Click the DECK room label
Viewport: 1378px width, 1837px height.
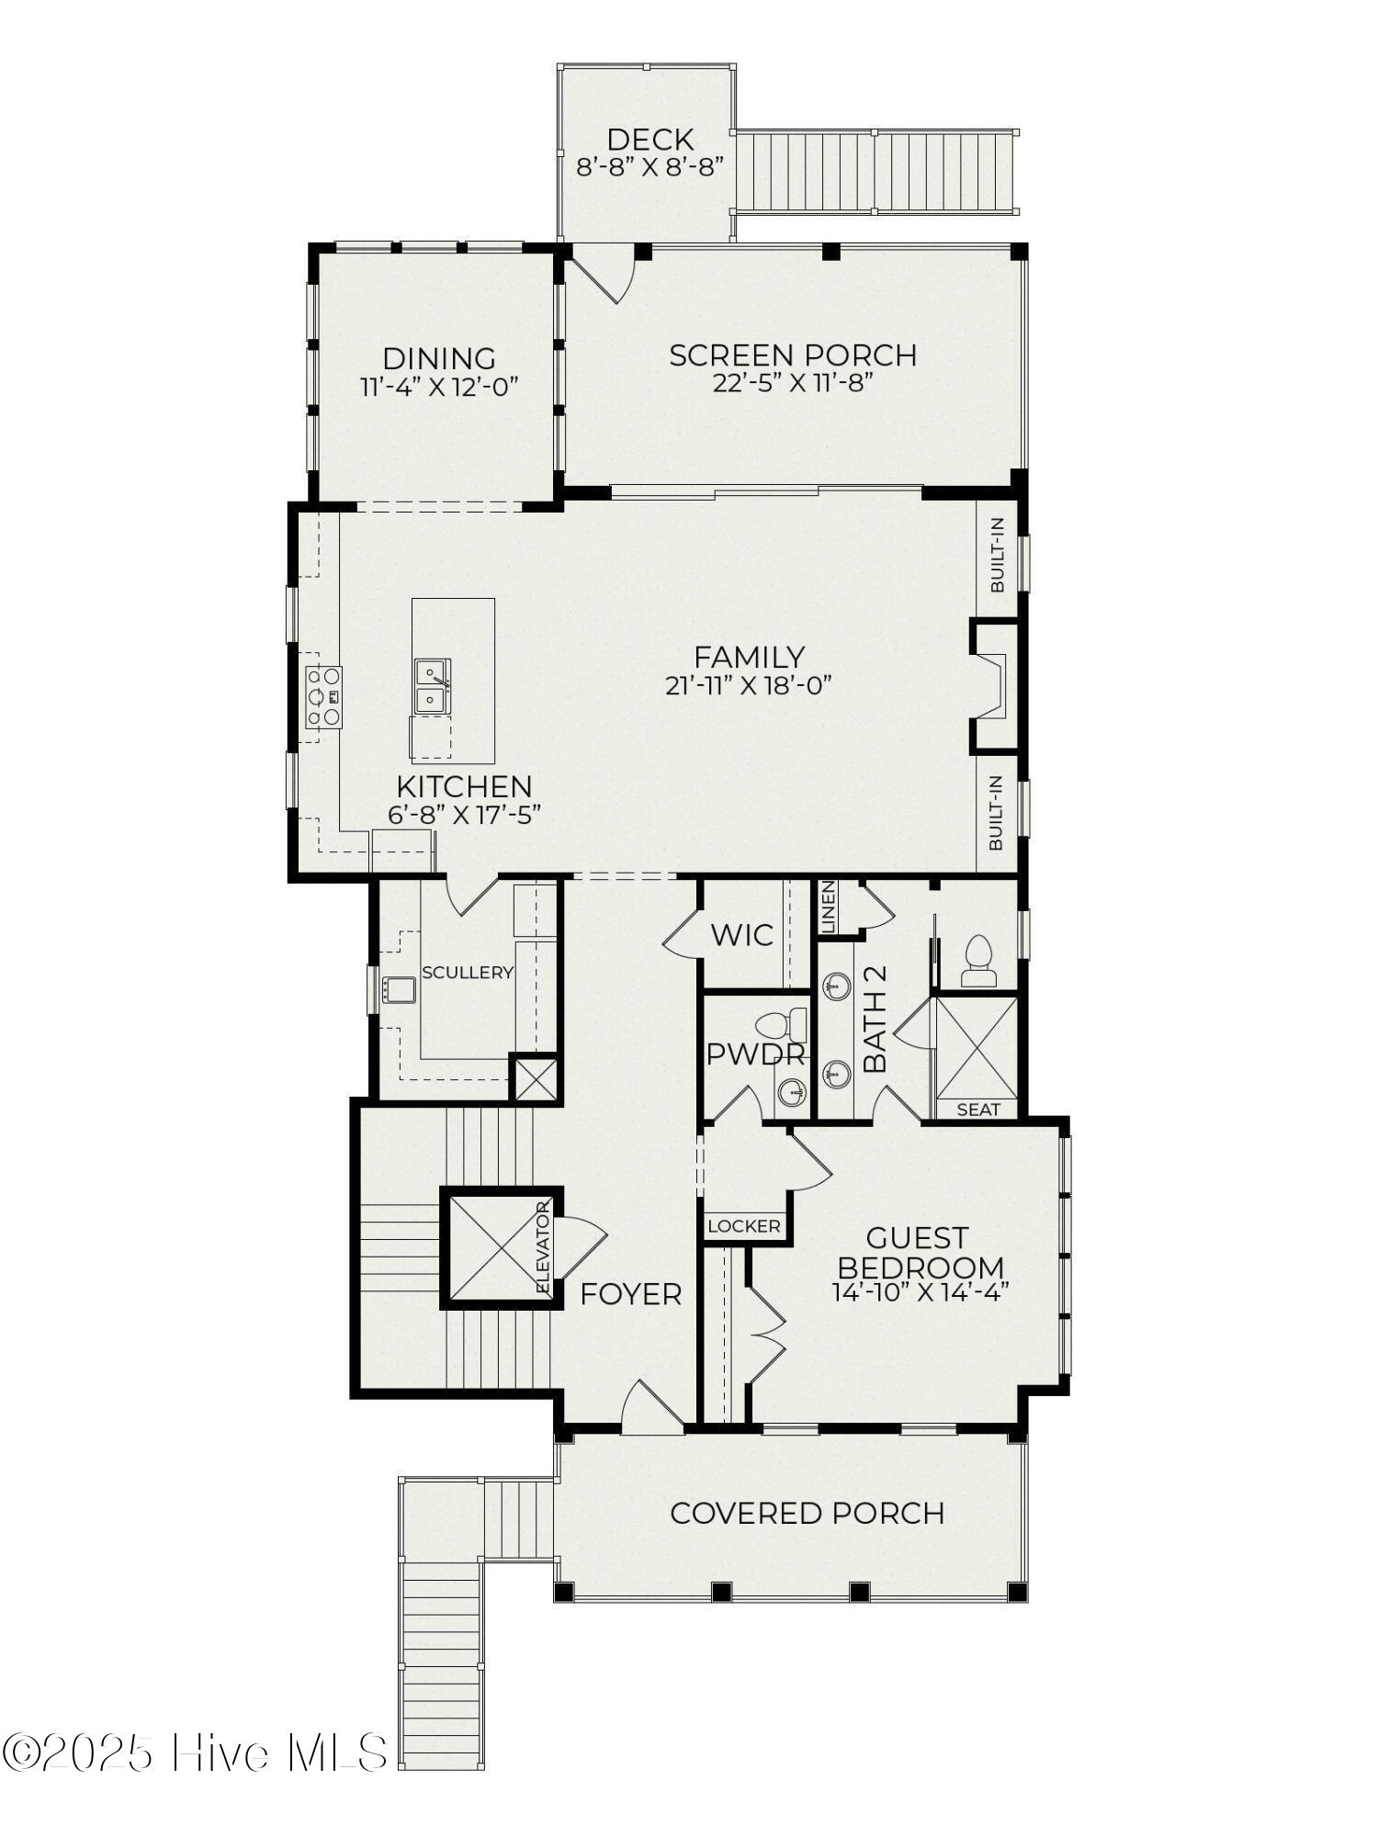649,140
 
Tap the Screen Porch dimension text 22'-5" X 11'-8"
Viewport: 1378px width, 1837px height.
791,383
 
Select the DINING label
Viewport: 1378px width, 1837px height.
439,358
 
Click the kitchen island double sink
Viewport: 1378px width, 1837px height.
431,686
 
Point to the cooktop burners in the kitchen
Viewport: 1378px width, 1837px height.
323,697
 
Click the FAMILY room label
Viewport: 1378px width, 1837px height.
749,658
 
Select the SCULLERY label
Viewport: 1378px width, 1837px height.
468,972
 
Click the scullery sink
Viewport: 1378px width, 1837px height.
399,990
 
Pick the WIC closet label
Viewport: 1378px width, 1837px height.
742,936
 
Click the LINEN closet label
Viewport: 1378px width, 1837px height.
828,907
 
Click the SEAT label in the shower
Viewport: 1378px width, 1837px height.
978,1110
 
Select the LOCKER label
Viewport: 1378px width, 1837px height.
744,1226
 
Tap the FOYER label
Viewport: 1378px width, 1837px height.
631,1294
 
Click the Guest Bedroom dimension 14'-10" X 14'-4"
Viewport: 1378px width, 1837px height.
921,1291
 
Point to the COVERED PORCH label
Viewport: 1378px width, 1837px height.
808,1513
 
